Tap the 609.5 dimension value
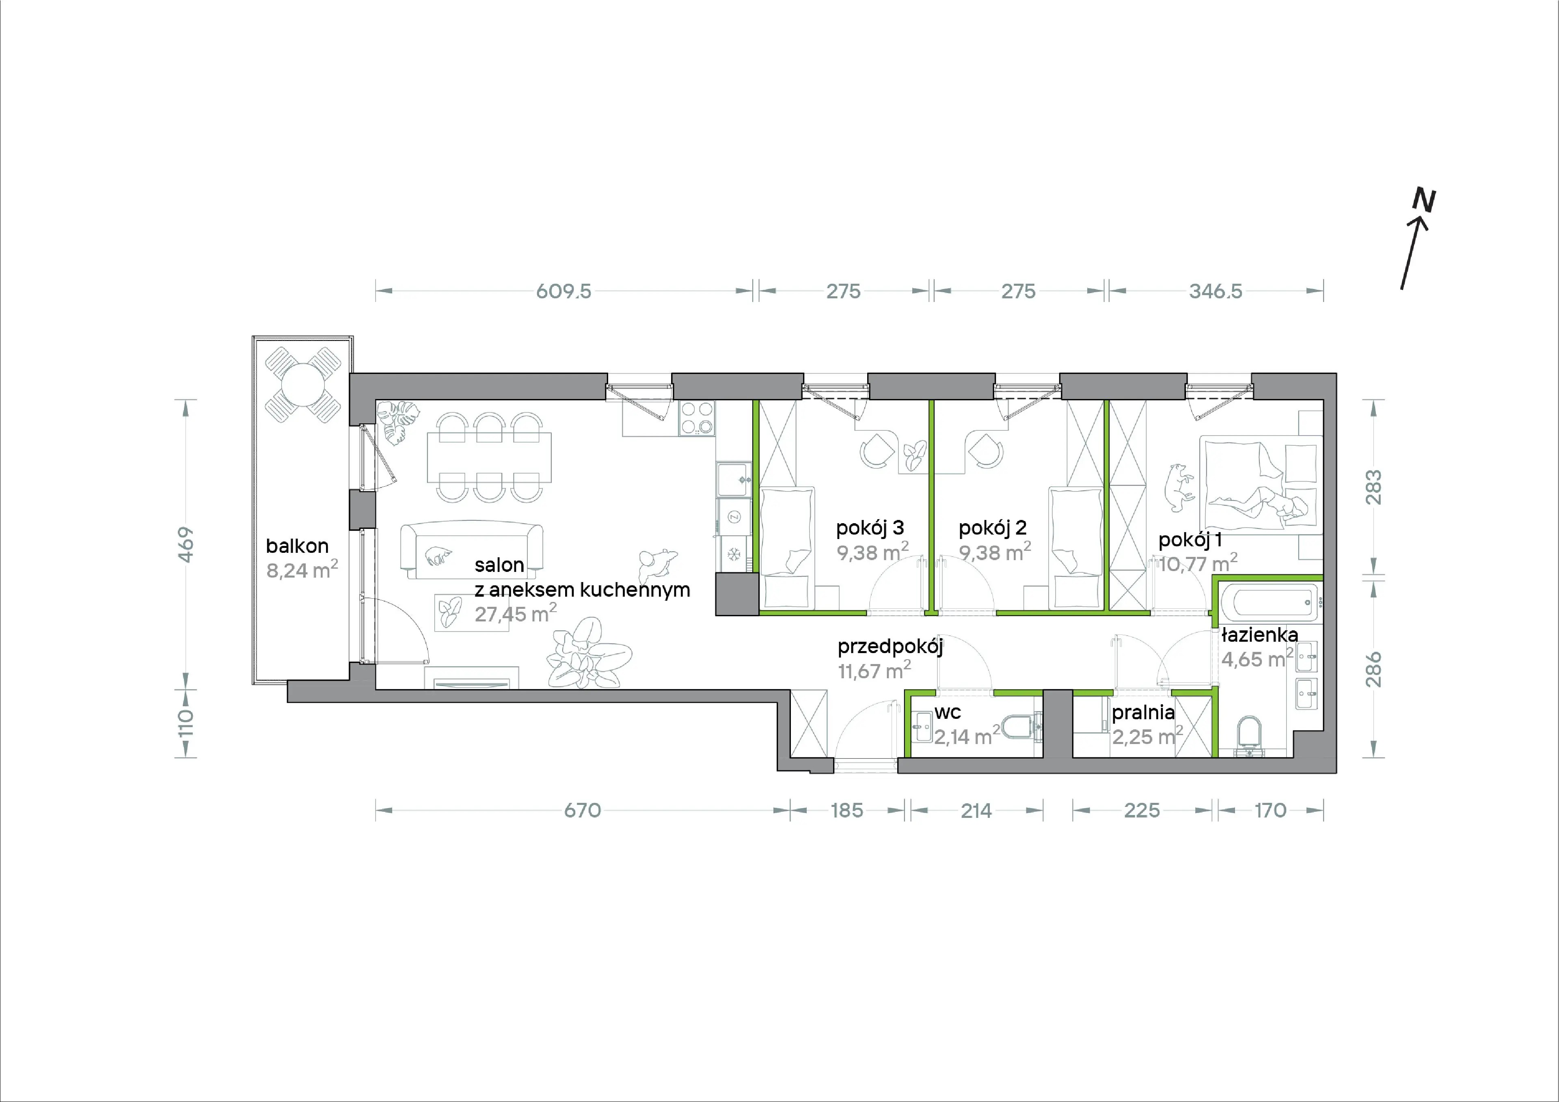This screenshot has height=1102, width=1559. point(564,291)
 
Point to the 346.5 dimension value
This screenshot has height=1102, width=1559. point(1216,291)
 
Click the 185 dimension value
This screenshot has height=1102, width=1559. point(847,810)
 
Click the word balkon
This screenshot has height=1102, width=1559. point(297,546)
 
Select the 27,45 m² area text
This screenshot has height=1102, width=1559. point(515,613)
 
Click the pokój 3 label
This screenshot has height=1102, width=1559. point(870,528)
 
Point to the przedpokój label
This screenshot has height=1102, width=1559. point(890,647)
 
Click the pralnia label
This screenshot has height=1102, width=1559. point(1143,713)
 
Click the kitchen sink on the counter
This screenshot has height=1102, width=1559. point(733,479)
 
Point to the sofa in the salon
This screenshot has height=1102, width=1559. point(472,549)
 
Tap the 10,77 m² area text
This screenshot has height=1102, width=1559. point(1197,563)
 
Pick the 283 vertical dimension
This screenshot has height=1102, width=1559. point(1373,487)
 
